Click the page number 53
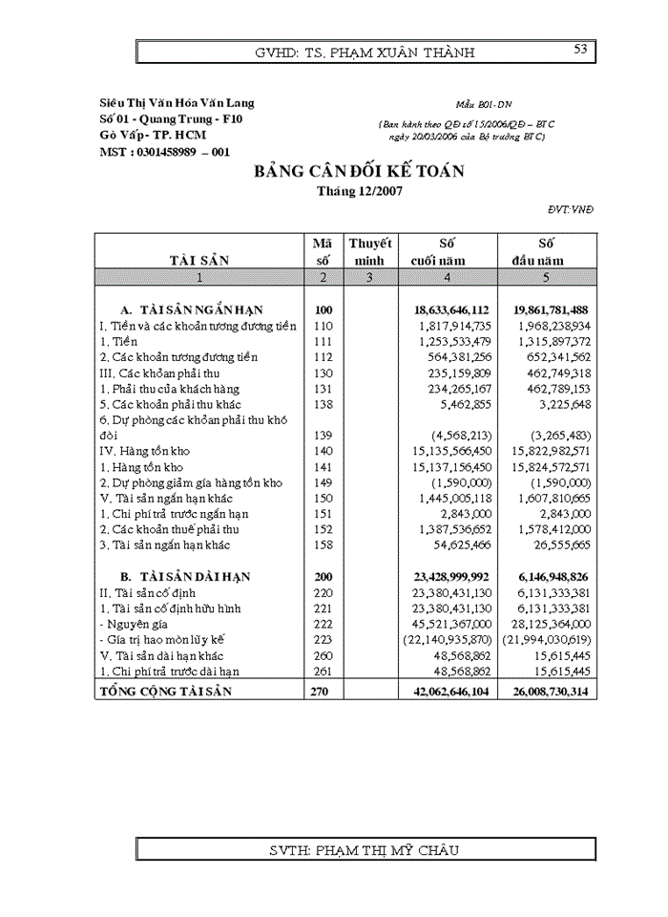pos(579,50)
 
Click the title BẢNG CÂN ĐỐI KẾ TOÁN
pos(358,172)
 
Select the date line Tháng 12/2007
pos(359,190)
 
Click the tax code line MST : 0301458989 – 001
pos(164,151)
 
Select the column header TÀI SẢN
pos(198,260)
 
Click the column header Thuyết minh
pos(369,251)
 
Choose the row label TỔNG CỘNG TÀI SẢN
pos(166,690)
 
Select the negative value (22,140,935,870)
pos(448,638)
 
